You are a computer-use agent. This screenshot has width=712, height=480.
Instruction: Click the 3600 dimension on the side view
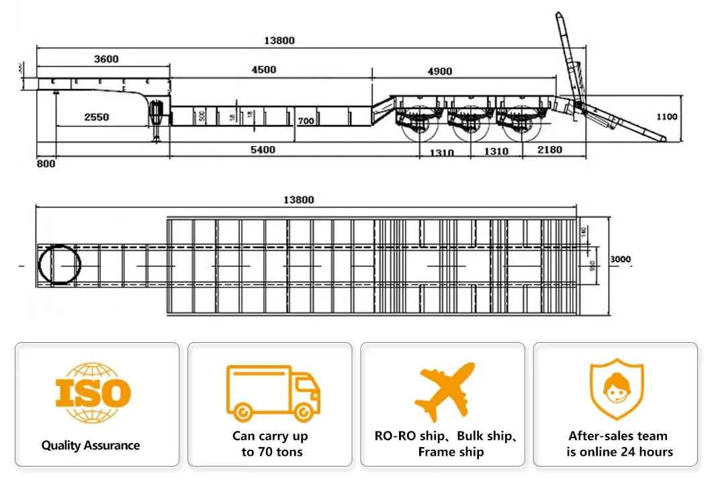105,59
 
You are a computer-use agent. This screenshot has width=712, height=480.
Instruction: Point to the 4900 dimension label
439,71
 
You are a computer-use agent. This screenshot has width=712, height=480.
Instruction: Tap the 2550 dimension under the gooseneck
97,117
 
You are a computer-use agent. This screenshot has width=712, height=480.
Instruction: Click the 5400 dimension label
263,150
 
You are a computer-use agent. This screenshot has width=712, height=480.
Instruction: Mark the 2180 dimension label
549,150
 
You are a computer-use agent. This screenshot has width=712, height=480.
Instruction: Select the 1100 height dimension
666,116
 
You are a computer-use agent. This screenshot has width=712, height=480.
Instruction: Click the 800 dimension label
46,163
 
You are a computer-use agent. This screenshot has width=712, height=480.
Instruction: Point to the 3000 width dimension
620,259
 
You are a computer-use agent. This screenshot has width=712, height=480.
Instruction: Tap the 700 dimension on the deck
306,121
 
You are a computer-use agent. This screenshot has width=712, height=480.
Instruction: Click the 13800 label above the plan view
298,200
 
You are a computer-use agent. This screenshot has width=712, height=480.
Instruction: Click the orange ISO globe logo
93,393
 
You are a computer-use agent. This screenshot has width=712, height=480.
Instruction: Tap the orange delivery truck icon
273,393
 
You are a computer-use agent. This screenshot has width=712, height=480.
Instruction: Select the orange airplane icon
445,392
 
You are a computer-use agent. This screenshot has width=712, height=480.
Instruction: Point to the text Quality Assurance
91,446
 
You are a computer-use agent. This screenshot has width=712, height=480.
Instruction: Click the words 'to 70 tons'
272,452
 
